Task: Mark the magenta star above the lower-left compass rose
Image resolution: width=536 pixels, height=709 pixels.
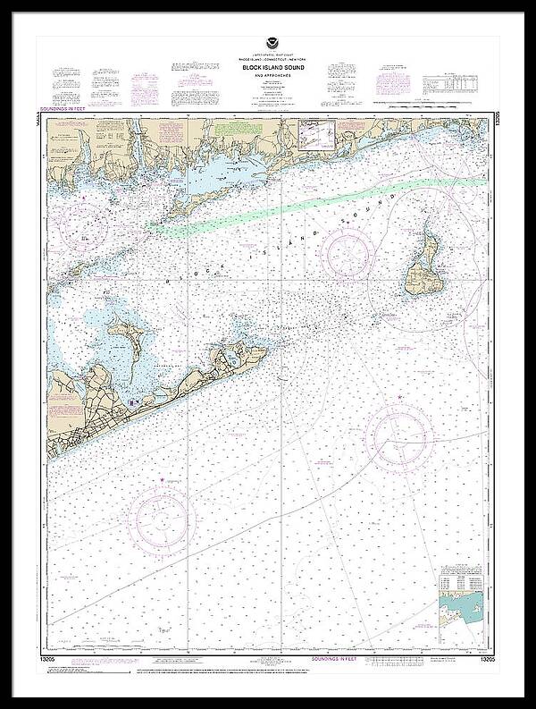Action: pyautogui.click(x=162, y=481)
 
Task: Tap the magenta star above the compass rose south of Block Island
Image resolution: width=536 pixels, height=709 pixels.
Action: pyautogui.click(x=398, y=397)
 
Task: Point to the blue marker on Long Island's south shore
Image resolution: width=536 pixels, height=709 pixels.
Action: pyautogui.click(x=130, y=404)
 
